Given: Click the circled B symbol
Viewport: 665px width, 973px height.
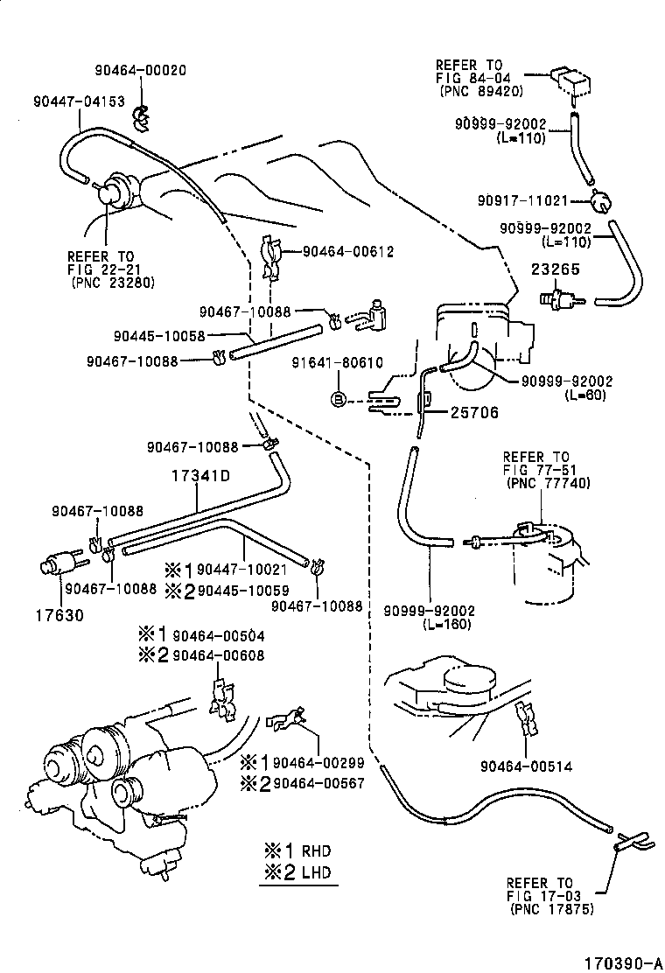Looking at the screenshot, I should (x=337, y=399).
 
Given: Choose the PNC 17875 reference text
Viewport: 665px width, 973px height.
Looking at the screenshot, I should (x=550, y=909).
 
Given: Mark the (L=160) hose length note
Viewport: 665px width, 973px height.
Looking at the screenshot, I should (x=447, y=625).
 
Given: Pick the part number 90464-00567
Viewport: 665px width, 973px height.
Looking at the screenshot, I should (x=318, y=783).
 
